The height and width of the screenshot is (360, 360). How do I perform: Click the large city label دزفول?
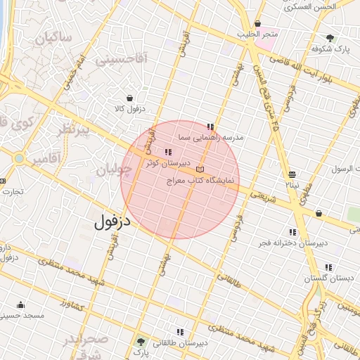pos(113,223)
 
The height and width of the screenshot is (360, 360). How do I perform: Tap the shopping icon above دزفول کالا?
pos(130,98)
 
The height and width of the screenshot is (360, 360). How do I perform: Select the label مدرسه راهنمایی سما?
pos(211,138)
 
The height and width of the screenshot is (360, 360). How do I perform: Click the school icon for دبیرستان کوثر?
pos(167,153)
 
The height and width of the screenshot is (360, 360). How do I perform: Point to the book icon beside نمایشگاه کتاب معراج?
pos(200,169)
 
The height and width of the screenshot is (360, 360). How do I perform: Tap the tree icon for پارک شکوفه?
pos(330,38)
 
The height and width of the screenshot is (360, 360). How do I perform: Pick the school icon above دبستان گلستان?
pos(328,267)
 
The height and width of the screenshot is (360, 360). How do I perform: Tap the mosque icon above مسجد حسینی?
pos(20,305)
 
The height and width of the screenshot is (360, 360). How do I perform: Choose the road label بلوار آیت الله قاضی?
pos(314,67)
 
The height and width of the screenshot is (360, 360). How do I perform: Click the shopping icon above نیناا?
pos(292,174)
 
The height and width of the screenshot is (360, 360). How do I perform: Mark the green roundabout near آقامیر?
pos(18,158)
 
